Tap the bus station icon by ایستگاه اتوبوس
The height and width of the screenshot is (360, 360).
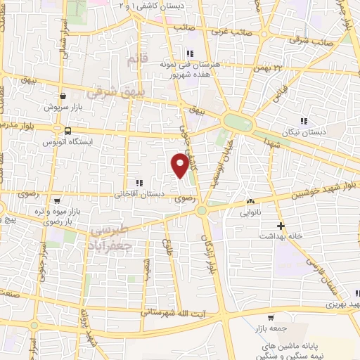(67, 131)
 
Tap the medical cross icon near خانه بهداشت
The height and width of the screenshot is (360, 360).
(281, 226)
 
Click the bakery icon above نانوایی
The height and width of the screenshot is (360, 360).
(250, 201)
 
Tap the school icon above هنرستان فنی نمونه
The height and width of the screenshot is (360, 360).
(189, 53)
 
